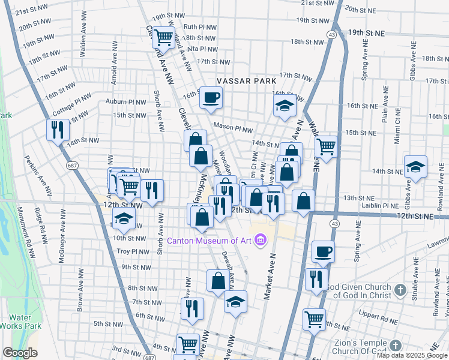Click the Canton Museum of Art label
coord(209,241)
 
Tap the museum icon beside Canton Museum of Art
coord(260,241)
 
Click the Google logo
coord(20,353)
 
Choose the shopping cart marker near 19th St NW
coord(163,37)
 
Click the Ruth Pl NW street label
coord(199,26)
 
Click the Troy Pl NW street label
coord(131,251)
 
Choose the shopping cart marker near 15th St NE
coord(326,146)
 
